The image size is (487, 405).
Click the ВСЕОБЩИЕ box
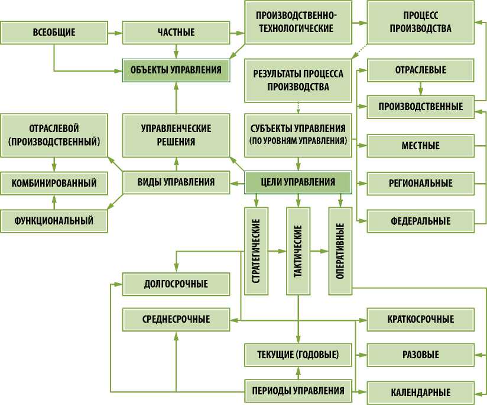pos(54,32)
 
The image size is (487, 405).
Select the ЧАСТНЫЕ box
pos(176,32)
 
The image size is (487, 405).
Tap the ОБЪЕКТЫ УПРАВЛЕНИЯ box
pos(176,70)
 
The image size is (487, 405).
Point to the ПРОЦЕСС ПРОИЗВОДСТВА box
pos(420,22)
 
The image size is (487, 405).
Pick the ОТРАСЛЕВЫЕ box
pos(420,70)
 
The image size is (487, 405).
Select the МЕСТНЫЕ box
pos(421,145)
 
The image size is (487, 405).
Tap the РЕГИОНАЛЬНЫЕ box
pos(421,183)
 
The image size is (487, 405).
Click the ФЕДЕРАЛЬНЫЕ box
pos(421,221)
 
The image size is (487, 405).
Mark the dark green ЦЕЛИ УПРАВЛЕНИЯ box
pos(298,182)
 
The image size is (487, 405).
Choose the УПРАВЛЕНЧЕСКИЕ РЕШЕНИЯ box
pos(176,135)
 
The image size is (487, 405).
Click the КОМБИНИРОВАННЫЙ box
pos(54,183)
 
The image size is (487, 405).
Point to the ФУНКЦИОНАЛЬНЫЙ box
pos(54,221)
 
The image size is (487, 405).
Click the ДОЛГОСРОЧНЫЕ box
pos(176,284)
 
